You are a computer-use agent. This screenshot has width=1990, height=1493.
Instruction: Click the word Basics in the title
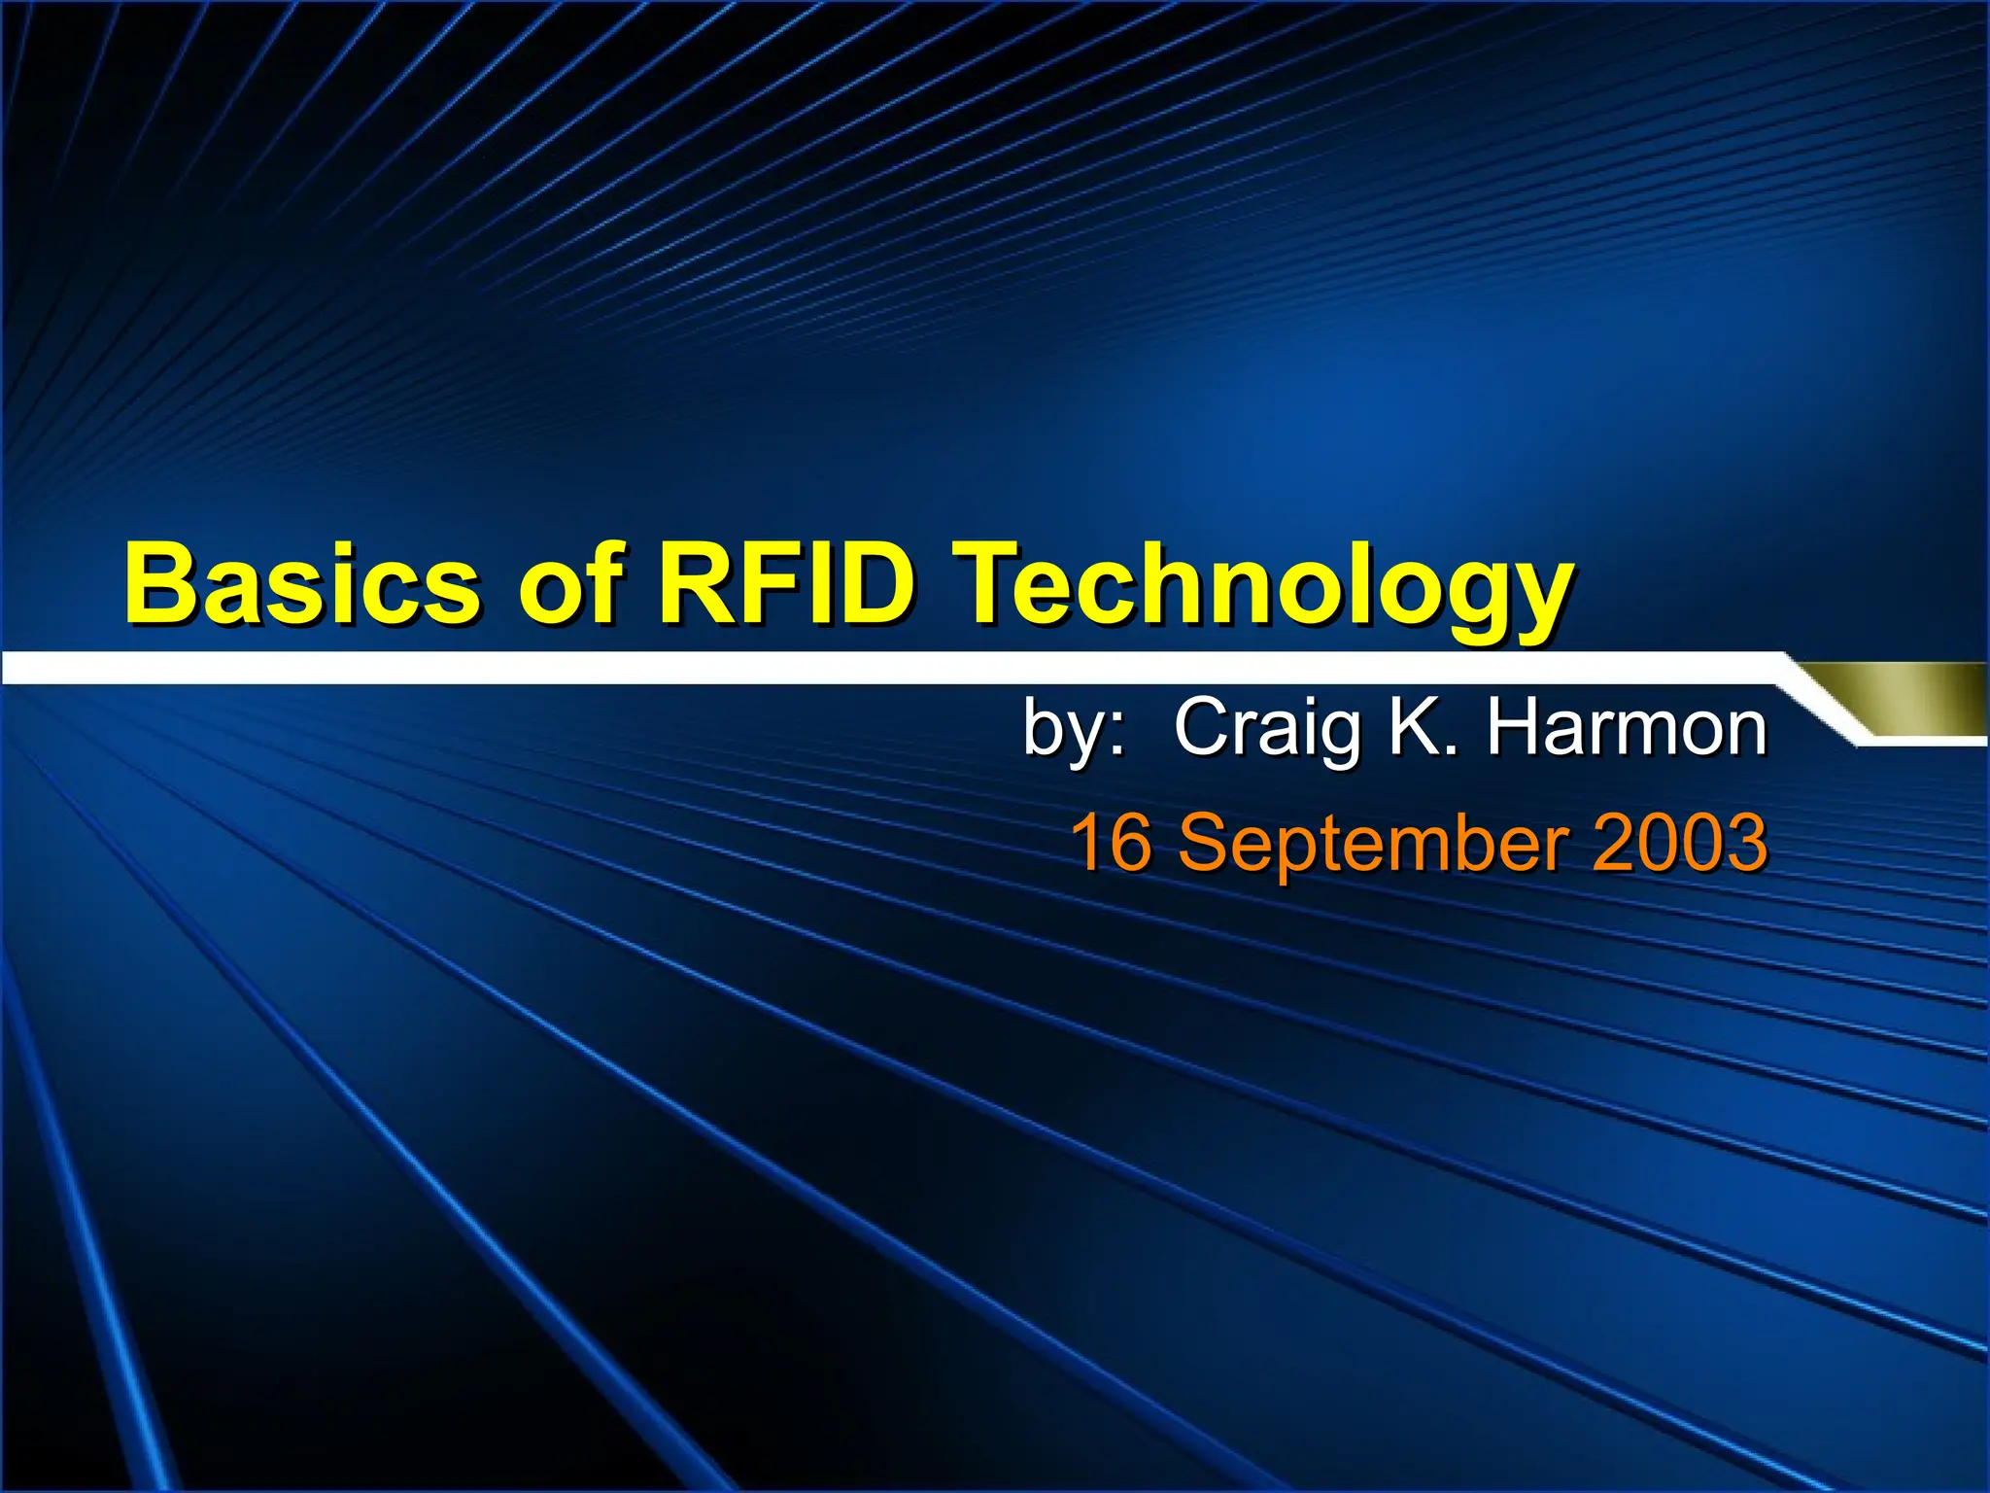[301, 585]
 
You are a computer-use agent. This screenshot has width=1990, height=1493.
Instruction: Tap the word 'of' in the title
[567, 585]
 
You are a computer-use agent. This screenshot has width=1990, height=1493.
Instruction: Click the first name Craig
[1267, 729]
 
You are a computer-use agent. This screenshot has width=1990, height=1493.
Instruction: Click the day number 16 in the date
[1110, 842]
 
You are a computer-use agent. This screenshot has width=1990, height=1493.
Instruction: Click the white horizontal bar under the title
[875, 668]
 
